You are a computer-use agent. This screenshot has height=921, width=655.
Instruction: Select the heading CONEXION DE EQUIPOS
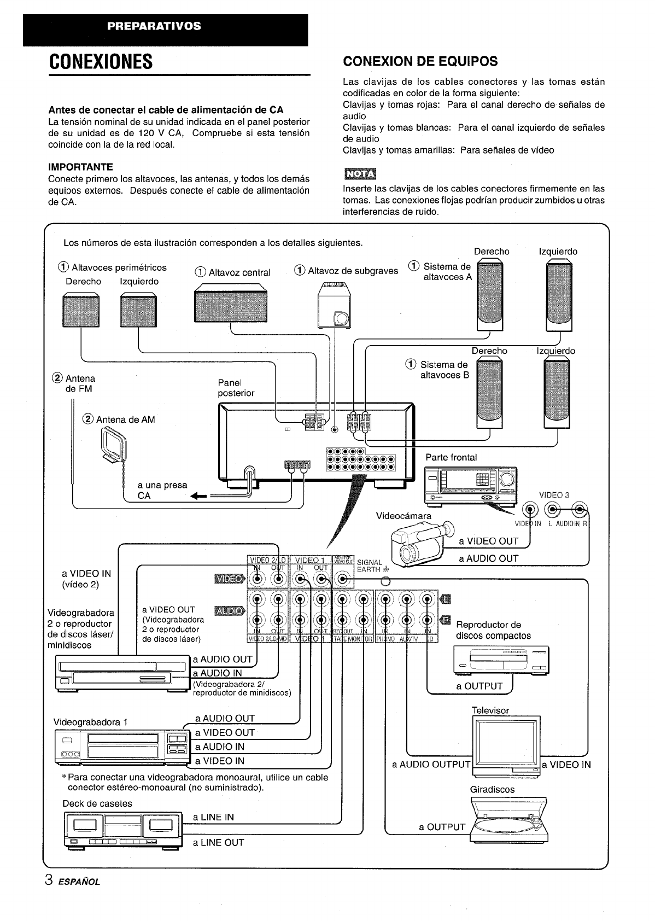[x=420, y=61]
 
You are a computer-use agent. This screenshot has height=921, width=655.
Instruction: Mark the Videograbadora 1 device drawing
[x=121, y=748]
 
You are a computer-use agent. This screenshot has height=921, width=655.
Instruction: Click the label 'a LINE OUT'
[x=218, y=843]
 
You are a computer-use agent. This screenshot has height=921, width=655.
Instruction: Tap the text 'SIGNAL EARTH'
[x=370, y=566]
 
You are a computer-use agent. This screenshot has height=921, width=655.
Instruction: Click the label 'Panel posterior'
[x=236, y=388]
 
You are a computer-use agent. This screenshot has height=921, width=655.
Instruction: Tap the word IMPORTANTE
[x=80, y=167]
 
